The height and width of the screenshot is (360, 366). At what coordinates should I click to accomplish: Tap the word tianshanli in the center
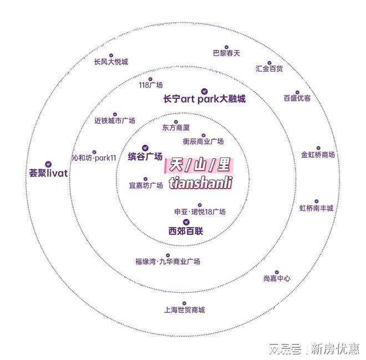[x=199, y=182]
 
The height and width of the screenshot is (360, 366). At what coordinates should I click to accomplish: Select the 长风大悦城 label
[x=111, y=62]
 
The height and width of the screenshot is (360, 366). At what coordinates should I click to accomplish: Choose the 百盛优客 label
[x=297, y=98]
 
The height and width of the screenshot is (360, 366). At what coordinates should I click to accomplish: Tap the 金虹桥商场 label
[x=318, y=155]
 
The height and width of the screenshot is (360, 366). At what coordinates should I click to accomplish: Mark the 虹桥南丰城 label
[x=317, y=208]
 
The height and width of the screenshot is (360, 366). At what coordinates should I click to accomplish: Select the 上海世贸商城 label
[x=185, y=310]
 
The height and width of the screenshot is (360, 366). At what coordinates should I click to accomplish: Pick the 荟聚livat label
[x=48, y=173]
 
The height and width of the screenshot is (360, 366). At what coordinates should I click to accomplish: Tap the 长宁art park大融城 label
[x=204, y=99]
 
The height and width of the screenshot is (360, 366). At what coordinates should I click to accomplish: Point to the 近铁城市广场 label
[x=114, y=120]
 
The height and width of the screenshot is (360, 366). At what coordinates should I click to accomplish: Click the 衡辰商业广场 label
[x=202, y=141]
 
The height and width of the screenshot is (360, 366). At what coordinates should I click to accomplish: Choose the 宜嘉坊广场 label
[x=146, y=185]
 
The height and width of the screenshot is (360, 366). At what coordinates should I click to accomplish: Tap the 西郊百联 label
[x=185, y=231]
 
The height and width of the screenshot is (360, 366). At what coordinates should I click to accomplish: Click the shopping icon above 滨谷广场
[x=145, y=148]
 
